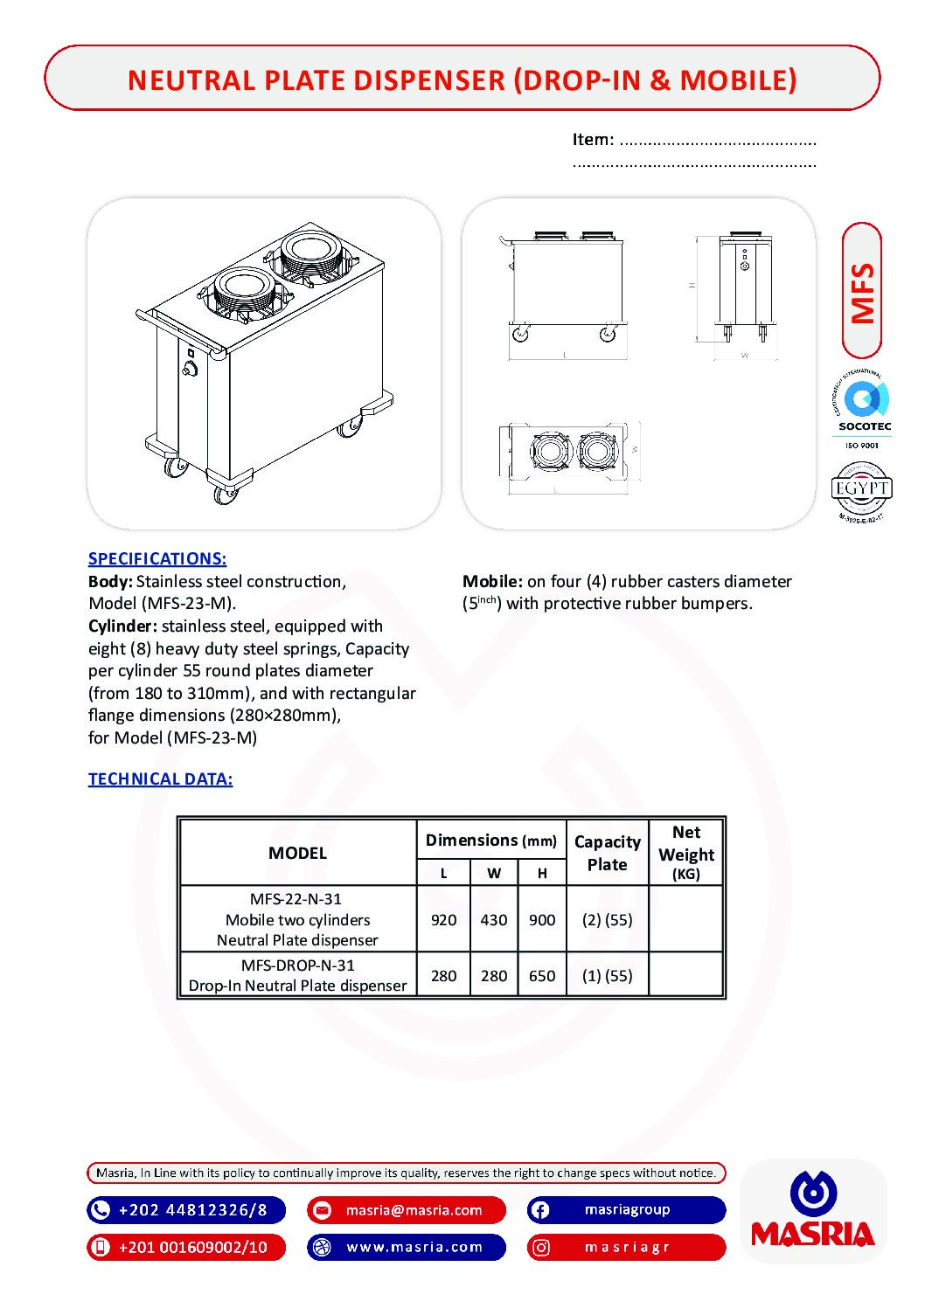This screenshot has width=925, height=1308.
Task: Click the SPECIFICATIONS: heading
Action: [157, 559]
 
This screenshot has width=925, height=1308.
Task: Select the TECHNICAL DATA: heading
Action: [160, 779]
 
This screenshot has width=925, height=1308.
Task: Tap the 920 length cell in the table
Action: [443, 920]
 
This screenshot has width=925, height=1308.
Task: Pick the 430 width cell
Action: [494, 920]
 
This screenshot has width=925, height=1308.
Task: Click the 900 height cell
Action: [542, 920]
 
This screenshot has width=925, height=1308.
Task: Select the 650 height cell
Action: [542, 976]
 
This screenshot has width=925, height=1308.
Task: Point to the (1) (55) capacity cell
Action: [607, 976]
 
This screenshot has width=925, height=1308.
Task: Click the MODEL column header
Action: [297, 854]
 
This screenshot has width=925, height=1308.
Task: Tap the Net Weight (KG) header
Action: [686, 853]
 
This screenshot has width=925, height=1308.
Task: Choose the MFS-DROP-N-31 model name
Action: [297, 965]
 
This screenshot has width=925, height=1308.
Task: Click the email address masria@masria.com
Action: [414, 1210]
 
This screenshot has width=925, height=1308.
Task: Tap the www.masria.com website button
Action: [414, 1247]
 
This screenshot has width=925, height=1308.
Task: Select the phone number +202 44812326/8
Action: [192, 1210]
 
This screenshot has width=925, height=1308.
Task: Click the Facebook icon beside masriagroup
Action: [540, 1210]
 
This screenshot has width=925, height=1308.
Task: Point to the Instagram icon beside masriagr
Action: [541, 1248]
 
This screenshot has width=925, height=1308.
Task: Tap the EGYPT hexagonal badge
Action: [861, 489]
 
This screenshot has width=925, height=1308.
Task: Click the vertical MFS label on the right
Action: [862, 292]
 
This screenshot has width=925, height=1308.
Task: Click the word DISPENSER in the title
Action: [419, 80]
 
